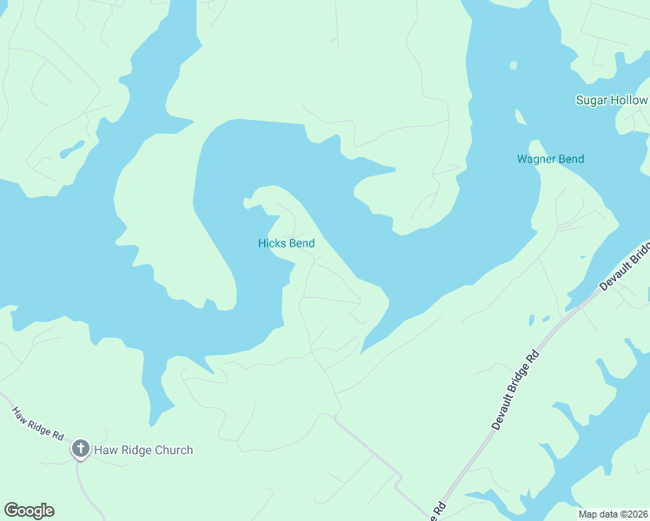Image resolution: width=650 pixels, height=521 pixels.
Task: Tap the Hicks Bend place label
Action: click(x=286, y=244)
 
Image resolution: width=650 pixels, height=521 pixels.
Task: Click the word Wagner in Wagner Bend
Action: click(x=535, y=160)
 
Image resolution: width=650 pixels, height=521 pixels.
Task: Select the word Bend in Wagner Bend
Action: click(x=570, y=160)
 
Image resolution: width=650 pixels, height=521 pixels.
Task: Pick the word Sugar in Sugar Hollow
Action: click(x=591, y=101)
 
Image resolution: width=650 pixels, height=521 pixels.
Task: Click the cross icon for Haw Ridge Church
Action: click(x=81, y=449)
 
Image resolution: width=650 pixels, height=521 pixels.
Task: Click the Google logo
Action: click(x=29, y=511)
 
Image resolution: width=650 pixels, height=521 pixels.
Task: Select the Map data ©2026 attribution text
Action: click(x=613, y=513)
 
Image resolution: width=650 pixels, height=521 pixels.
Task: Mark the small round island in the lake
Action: click(x=513, y=65)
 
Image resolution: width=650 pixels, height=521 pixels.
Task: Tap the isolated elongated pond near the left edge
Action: click(x=72, y=148)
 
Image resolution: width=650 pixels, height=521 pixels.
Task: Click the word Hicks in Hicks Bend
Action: click(x=272, y=244)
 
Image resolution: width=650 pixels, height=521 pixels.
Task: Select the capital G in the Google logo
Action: click(x=10, y=511)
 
